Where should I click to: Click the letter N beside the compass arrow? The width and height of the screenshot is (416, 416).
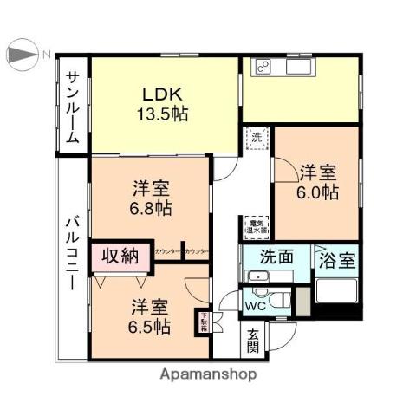coord(47,55)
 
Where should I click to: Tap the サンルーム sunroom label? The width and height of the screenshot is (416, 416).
coord(73,106)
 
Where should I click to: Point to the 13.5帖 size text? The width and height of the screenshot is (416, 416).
coord(162,114)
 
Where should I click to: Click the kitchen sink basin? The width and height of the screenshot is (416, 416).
coord(295,66)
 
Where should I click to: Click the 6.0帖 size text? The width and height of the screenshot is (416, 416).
coord(318,193)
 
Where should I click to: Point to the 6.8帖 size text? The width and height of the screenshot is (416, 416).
coord(150,208)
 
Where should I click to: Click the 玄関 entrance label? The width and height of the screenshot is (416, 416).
coord(253,341)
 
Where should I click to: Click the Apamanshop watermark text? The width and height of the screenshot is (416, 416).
coord(208,374)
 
